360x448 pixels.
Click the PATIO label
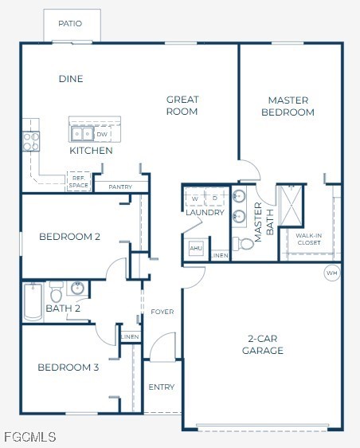pyautogui.click(x=70, y=24)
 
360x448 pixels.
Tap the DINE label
pyautogui.click(x=71, y=79)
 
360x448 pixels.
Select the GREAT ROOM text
pyautogui.click(x=182, y=105)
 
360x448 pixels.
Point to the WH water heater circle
pyautogui.click(x=331, y=273)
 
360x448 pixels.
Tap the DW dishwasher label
pyautogui.click(x=102, y=135)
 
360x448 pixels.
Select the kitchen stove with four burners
pyautogui.click(x=31, y=141)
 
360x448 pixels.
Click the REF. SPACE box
pyautogui.click(x=79, y=182)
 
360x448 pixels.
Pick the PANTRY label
pyautogui.click(x=120, y=187)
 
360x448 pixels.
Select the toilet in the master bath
pyautogui.click(x=245, y=243)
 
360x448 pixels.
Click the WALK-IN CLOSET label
pyautogui.click(x=308, y=238)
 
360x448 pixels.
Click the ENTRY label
pyautogui.click(x=162, y=387)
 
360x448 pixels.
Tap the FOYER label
pyautogui.click(x=162, y=312)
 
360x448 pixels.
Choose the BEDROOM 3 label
pyautogui.click(x=68, y=367)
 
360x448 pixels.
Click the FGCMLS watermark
pyautogui.click(x=29, y=438)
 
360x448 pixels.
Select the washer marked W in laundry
pyautogui.click(x=195, y=198)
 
